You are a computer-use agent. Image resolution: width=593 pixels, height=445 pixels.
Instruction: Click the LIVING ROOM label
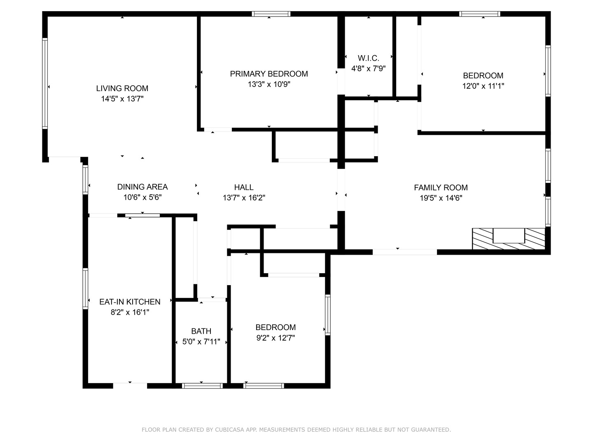click(x=122, y=88)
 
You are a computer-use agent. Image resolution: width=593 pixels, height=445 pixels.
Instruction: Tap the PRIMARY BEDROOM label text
click(x=269, y=74)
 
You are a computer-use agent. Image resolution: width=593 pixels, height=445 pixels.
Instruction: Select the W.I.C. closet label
click(x=369, y=58)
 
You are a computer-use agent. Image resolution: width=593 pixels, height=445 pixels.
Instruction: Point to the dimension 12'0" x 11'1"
click(x=483, y=86)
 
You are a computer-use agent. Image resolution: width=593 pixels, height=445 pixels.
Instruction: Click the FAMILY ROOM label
click(x=441, y=187)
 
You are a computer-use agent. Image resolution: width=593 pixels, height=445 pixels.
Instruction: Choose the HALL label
click(x=244, y=187)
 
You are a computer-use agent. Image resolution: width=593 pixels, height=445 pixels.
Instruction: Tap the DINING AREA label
click(x=142, y=187)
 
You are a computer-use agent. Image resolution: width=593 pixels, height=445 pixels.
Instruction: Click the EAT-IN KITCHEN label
click(x=130, y=302)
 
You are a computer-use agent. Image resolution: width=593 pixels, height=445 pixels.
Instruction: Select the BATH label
click(x=201, y=331)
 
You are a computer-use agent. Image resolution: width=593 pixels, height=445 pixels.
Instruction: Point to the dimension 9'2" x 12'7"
click(x=275, y=338)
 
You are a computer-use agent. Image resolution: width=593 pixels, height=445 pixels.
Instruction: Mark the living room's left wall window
click(x=45, y=83)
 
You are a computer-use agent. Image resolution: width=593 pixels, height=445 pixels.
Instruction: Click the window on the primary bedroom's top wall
click(x=271, y=14)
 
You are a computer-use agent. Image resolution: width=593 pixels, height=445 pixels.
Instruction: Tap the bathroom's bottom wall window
click(x=202, y=386)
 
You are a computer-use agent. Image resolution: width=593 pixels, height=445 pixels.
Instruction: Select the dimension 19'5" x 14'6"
click(x=441, y=198)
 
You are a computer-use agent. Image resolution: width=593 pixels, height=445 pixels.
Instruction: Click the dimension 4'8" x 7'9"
click(x=369, y=68)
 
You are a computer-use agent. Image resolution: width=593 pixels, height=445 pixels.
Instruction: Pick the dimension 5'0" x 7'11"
click(x=201, y=342)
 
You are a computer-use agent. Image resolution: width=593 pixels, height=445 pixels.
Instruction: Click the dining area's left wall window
click(x=85, y=180)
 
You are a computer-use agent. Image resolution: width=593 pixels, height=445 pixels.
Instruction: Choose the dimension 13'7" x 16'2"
click(x=244, y=198)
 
